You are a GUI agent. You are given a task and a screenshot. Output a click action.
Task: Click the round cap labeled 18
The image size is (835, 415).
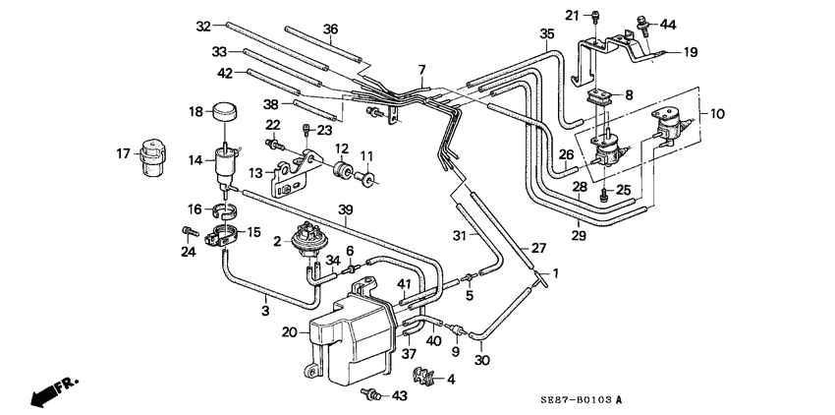tap(225, 112)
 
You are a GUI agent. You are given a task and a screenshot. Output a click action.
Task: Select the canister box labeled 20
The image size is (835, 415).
tap(352, 333)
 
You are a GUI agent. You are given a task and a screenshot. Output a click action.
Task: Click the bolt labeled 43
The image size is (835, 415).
tap(371, 394)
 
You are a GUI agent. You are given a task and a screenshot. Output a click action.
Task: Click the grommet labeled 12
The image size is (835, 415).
tap(341, 170)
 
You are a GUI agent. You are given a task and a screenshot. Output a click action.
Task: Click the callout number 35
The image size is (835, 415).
tap(547, 34)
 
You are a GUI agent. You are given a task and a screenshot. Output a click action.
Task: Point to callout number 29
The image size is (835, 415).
tap(579, 236)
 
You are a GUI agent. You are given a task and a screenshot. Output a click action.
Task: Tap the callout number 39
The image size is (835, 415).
tap(346, 210)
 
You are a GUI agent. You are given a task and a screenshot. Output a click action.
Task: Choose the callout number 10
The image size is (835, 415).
tap(717, 114)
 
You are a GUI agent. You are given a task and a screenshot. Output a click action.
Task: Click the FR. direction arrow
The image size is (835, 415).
tap(53, 391)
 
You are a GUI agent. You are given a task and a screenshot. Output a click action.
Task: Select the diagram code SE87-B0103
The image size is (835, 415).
tap(577, 398)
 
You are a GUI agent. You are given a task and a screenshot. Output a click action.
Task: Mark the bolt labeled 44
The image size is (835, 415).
tap(642, 25)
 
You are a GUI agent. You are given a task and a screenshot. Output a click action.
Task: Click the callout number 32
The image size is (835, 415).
tap(203, 26)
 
